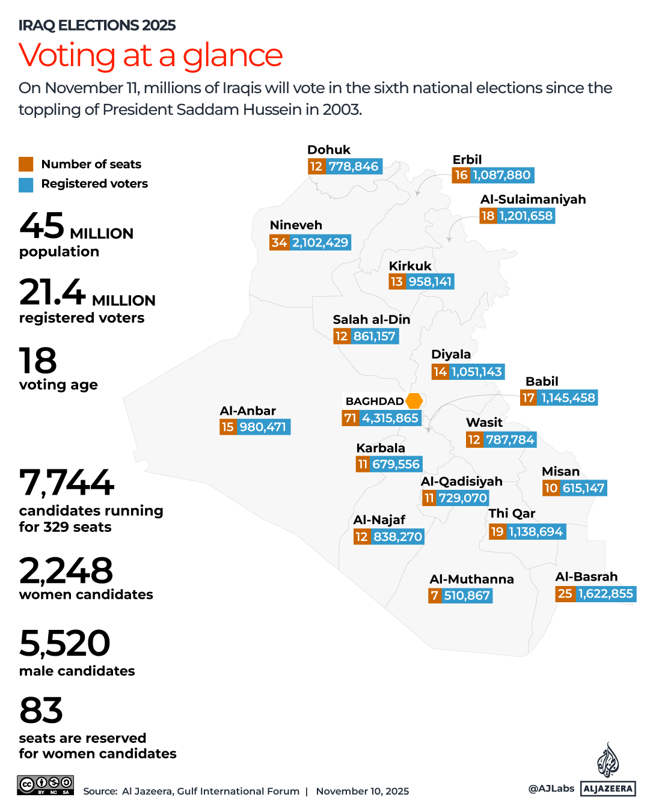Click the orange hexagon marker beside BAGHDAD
[x=414, y=401]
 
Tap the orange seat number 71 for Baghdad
[x=350, y=418]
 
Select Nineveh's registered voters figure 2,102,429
[x=320, y=243]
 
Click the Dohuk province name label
[x=328, y=150]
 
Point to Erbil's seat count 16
[x=461, y=176]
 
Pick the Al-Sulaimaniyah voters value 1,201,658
[x=526, y=216]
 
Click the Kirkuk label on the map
[x=410, y=266]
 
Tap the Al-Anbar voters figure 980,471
[x=263, y=427]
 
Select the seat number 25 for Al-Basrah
[x=565, y=594]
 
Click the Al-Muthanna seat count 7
[x=435, y=596]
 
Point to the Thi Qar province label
[x=512, y=513]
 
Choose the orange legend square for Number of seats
[x=26, y=164]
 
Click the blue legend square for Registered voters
[x=26, y=185]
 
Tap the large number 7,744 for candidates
[x=66, y=483]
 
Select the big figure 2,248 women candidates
[x=66, y=571]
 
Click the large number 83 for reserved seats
[x=41, y=710]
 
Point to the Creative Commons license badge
[x=45, y=785]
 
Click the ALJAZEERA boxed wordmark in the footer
[x=608, y=789]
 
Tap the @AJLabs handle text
[x=551, y=789]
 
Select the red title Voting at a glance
[x=150, y=55]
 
